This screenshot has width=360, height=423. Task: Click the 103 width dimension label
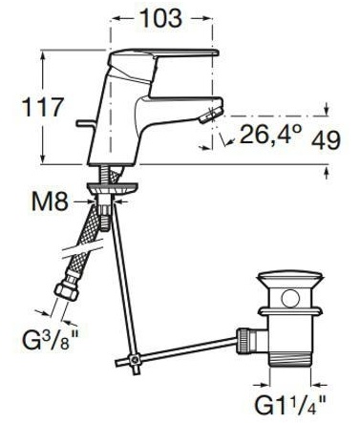(x=161, y=18)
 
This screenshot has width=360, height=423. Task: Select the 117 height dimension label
(x=43, y=107)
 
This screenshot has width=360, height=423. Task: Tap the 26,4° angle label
(x=270, y=134)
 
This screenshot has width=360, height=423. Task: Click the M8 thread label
(x=50, y=201)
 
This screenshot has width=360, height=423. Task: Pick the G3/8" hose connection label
(x=50, y=341)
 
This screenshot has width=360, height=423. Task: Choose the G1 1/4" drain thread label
(x=290, y=405)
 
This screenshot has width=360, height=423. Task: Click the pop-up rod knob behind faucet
(x=85, y=123)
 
